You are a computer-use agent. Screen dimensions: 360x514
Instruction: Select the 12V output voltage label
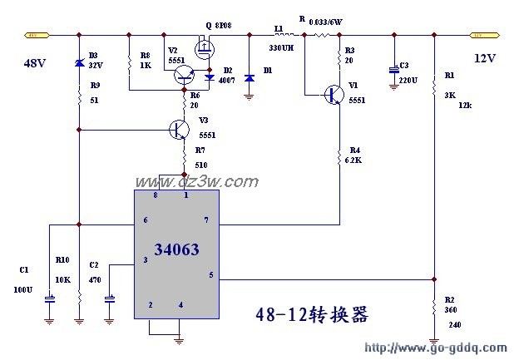point(486,58)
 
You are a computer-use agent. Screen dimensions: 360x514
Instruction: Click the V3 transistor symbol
point(179,129)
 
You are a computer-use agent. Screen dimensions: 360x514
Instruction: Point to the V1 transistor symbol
point(335,94)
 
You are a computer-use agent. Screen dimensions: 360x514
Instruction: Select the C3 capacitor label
point(404,65)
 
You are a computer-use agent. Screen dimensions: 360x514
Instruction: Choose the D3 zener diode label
point(93,55)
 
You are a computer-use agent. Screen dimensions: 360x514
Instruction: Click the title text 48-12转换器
point(310,316)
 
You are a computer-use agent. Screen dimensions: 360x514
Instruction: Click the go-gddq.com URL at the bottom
point(436,347)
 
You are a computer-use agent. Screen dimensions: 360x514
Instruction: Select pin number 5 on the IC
point(210,275)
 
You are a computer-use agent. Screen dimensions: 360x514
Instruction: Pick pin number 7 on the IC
point(205,220)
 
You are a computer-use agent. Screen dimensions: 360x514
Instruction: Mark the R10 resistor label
point(62,260)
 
